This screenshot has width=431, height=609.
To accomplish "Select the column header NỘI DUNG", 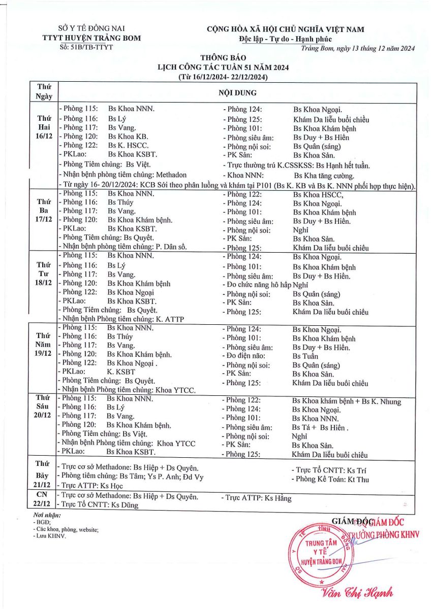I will point(237,93).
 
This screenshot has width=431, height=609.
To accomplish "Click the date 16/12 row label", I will point(44,137).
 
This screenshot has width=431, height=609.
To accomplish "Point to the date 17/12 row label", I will point(44,221).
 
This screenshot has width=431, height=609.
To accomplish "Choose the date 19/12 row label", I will point(44,354).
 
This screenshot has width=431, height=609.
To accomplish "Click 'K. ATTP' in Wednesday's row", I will point(170,319).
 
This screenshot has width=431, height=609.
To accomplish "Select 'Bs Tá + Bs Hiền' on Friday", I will point(320,427).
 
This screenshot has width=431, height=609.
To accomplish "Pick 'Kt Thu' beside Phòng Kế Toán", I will point(358,479).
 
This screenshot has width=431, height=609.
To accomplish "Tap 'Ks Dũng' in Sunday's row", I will point(125,505).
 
